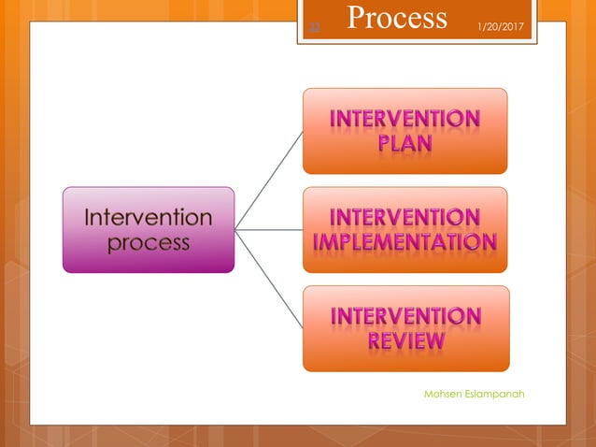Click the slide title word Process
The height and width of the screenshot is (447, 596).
pos(397,18)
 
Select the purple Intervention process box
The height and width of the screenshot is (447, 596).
pos(148,230)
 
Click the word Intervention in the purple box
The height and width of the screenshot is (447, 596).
pos(149,218)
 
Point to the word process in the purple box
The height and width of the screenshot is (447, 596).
pos(149,243)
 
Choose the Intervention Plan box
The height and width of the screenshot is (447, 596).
pos(404,131)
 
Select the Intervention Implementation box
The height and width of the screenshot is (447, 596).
pos(404,230)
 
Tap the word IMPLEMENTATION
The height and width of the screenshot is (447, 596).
pos(404,243)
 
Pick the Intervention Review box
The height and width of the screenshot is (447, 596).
pos(404,328)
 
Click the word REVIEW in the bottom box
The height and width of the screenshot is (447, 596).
pos(405,341)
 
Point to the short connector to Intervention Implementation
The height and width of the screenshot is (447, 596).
pos(268,229)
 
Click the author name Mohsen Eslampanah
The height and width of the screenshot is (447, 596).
pos(474,394)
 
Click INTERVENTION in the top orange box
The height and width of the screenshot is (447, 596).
pos(405,120)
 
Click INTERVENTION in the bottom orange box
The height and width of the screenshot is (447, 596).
pos(405,316)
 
